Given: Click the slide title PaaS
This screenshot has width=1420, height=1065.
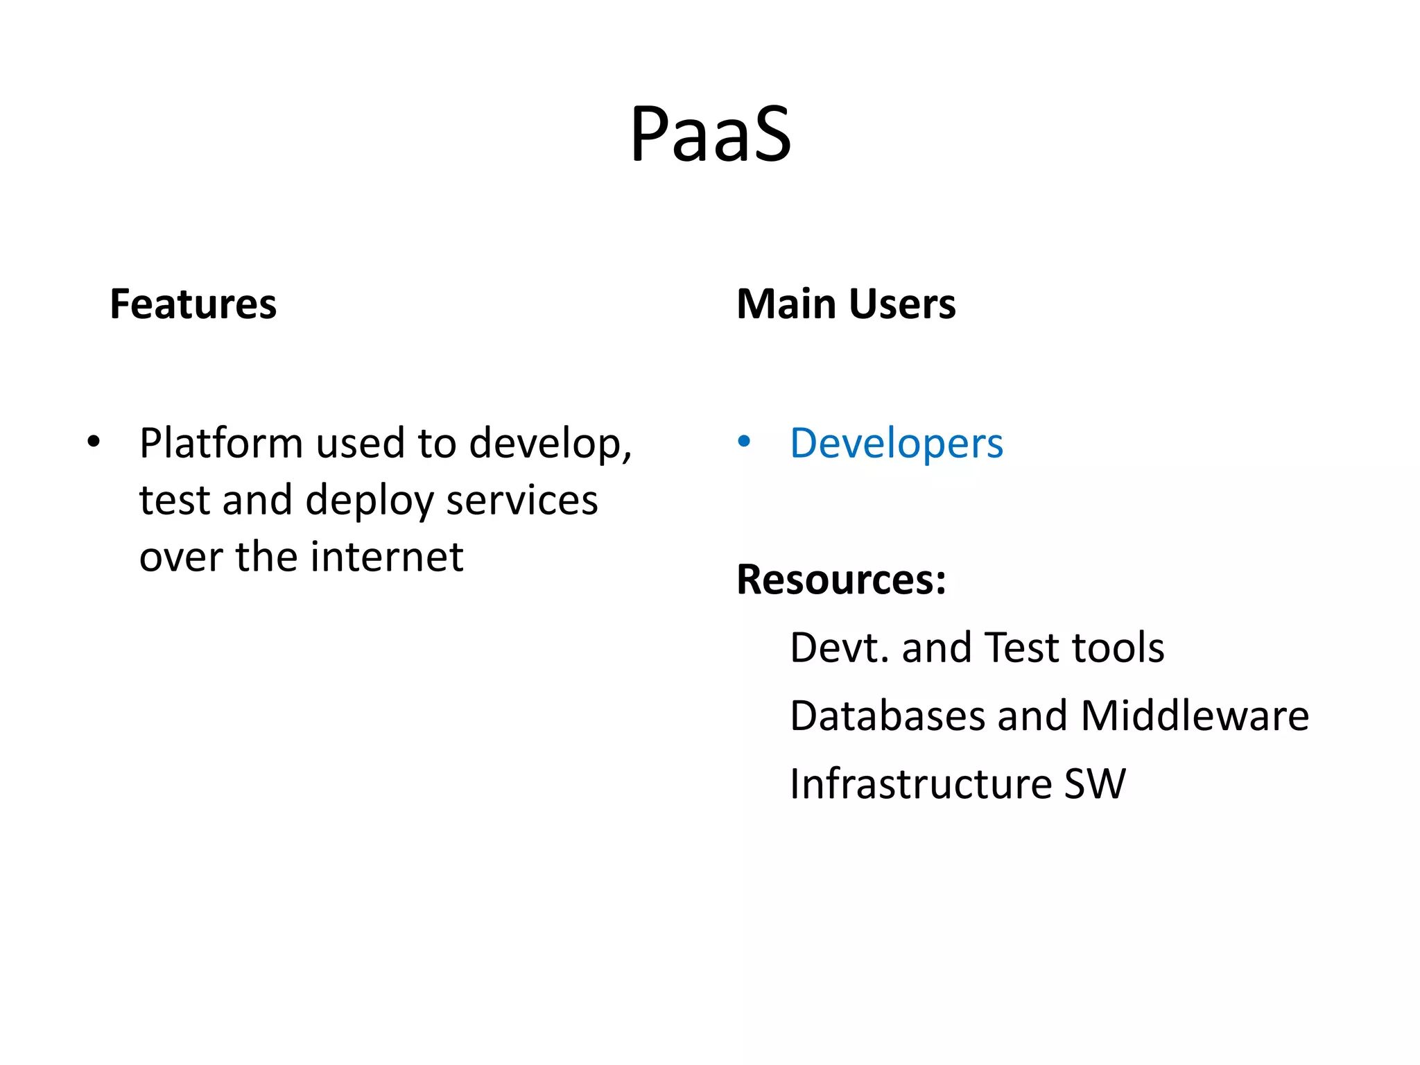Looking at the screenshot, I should (710, 134).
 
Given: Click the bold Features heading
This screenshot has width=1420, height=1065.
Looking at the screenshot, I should (193, 304).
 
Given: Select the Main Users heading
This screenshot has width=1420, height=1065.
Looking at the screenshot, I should (846, 304).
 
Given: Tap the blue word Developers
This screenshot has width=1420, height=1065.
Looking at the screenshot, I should (896, 443).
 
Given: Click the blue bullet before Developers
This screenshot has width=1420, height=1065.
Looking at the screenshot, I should (744, 441).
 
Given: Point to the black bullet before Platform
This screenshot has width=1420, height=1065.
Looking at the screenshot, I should (94, 441).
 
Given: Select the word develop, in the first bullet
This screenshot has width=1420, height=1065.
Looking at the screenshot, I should (551, 444).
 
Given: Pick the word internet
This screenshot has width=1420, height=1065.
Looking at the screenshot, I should (386, 557).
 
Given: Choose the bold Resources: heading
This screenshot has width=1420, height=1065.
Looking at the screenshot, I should (841, 580).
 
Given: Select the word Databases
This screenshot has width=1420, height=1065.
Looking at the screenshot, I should (887, 716).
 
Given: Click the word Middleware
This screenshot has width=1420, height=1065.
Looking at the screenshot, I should (1194, 716).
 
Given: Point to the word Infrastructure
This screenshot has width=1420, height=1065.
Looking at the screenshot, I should (921, 783).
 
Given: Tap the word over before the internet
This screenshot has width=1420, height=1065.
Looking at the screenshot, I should (181, 557).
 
